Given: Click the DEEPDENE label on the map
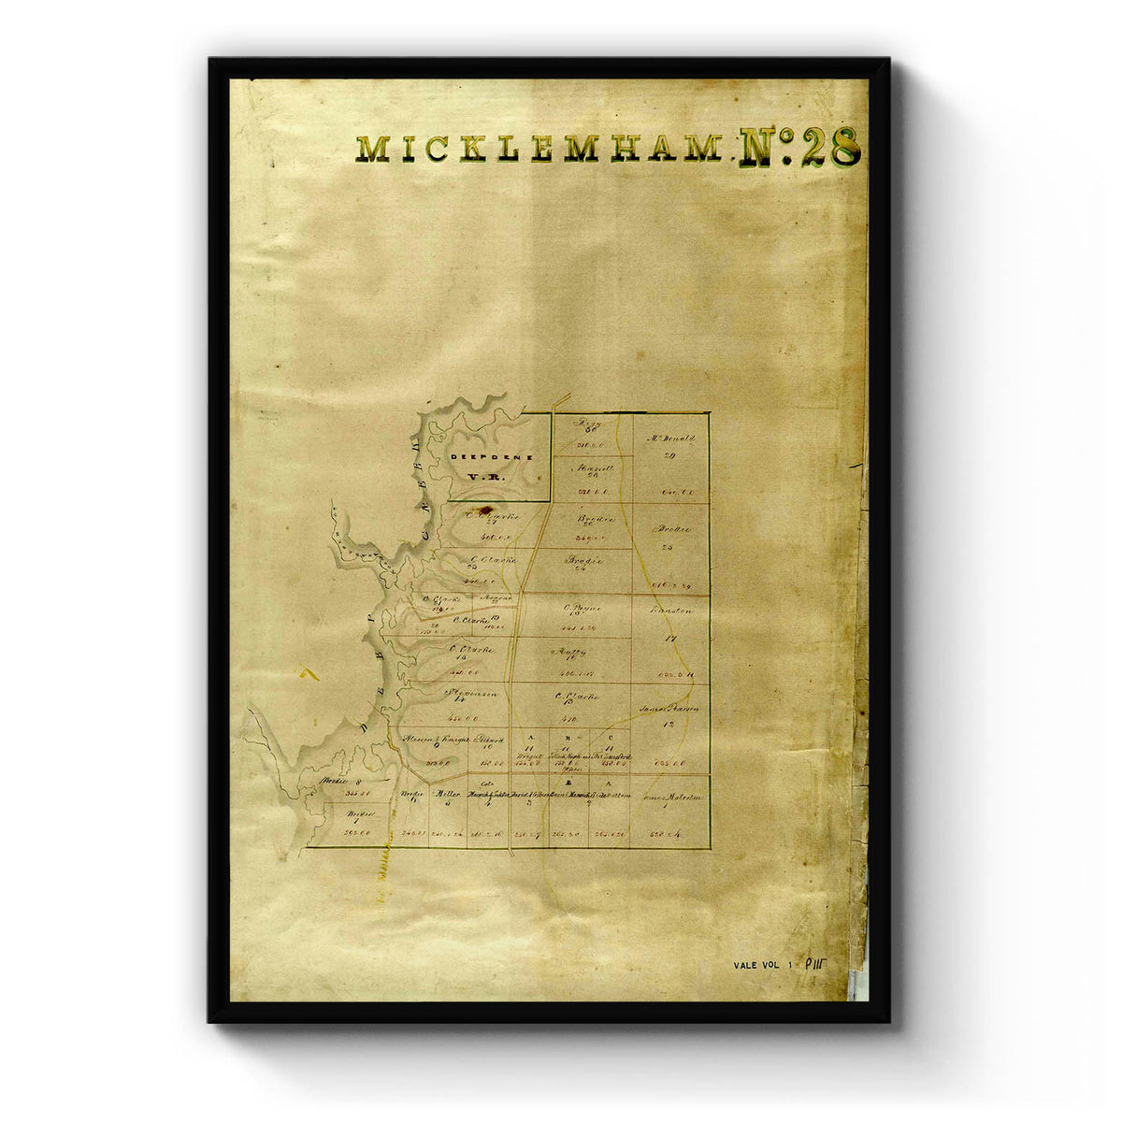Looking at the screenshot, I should (x=492, y=456).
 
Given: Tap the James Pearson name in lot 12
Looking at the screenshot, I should (x=669, y=709).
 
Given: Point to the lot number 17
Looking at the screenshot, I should (x=669, y=639).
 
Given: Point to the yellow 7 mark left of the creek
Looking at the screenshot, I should (x=309, y=672).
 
